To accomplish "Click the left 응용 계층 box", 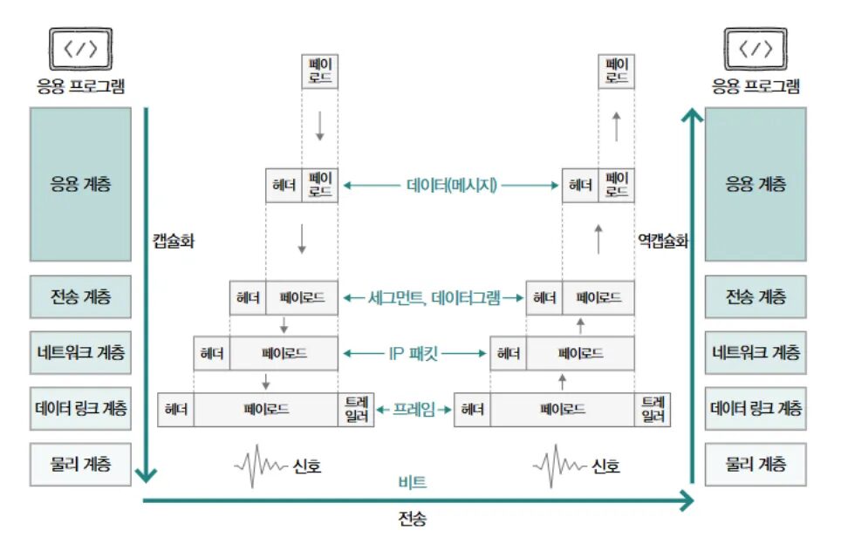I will click(81, 184).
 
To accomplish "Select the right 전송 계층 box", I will click(756, 297).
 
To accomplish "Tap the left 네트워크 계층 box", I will click(81, 353).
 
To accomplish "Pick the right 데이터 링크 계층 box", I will click(756, 408).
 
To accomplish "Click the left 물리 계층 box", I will click(81, 463).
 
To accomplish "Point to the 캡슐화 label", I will click(173, 241).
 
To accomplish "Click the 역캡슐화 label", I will click(663, 241).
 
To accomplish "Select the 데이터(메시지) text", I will click(451, 185).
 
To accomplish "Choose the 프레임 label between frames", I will click(414, 408).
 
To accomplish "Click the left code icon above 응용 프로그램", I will click(81, 49).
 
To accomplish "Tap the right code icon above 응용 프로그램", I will click(756, 49).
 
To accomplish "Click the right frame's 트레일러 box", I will click(653, 409).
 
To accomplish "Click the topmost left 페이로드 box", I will click(319, 71).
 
